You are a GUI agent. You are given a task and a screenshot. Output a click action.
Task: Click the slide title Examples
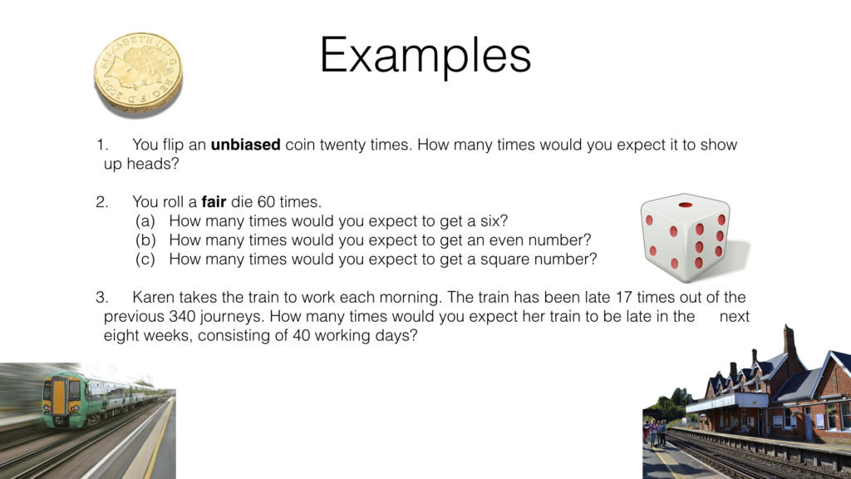pyautogui.click(x=425, y=56)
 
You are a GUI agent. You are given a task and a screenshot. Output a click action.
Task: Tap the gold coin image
pyautogui.click(x=137, y=72)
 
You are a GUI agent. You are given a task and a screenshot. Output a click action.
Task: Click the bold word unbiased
pyautogui.click(x=246, y=145)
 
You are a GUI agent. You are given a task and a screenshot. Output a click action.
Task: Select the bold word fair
pyautogui.click(x=214, y=202)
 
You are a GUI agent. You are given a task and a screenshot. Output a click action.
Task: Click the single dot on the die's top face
pyautogui.click(x=686, y=205)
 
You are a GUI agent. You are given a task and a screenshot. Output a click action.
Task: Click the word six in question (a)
pyautogui.click(x=494, y=221)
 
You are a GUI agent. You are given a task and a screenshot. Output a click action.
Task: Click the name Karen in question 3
pyautogui.click(x=155, y=298)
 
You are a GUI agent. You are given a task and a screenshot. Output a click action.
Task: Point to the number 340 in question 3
pyautogui.click(x=184, y=317)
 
